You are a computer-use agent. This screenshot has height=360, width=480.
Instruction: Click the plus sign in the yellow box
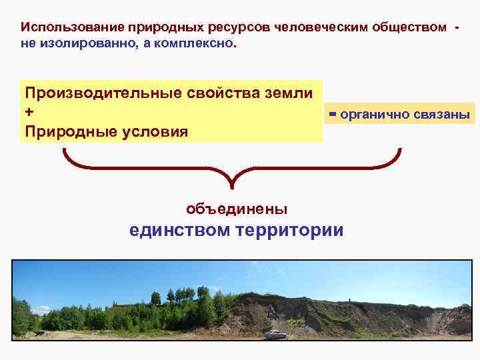click(29, 112)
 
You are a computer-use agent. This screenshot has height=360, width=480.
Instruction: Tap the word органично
click(374, 115)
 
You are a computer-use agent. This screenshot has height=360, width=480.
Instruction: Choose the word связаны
click(442, 115)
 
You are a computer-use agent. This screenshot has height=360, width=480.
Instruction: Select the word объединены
click(237, 209)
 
